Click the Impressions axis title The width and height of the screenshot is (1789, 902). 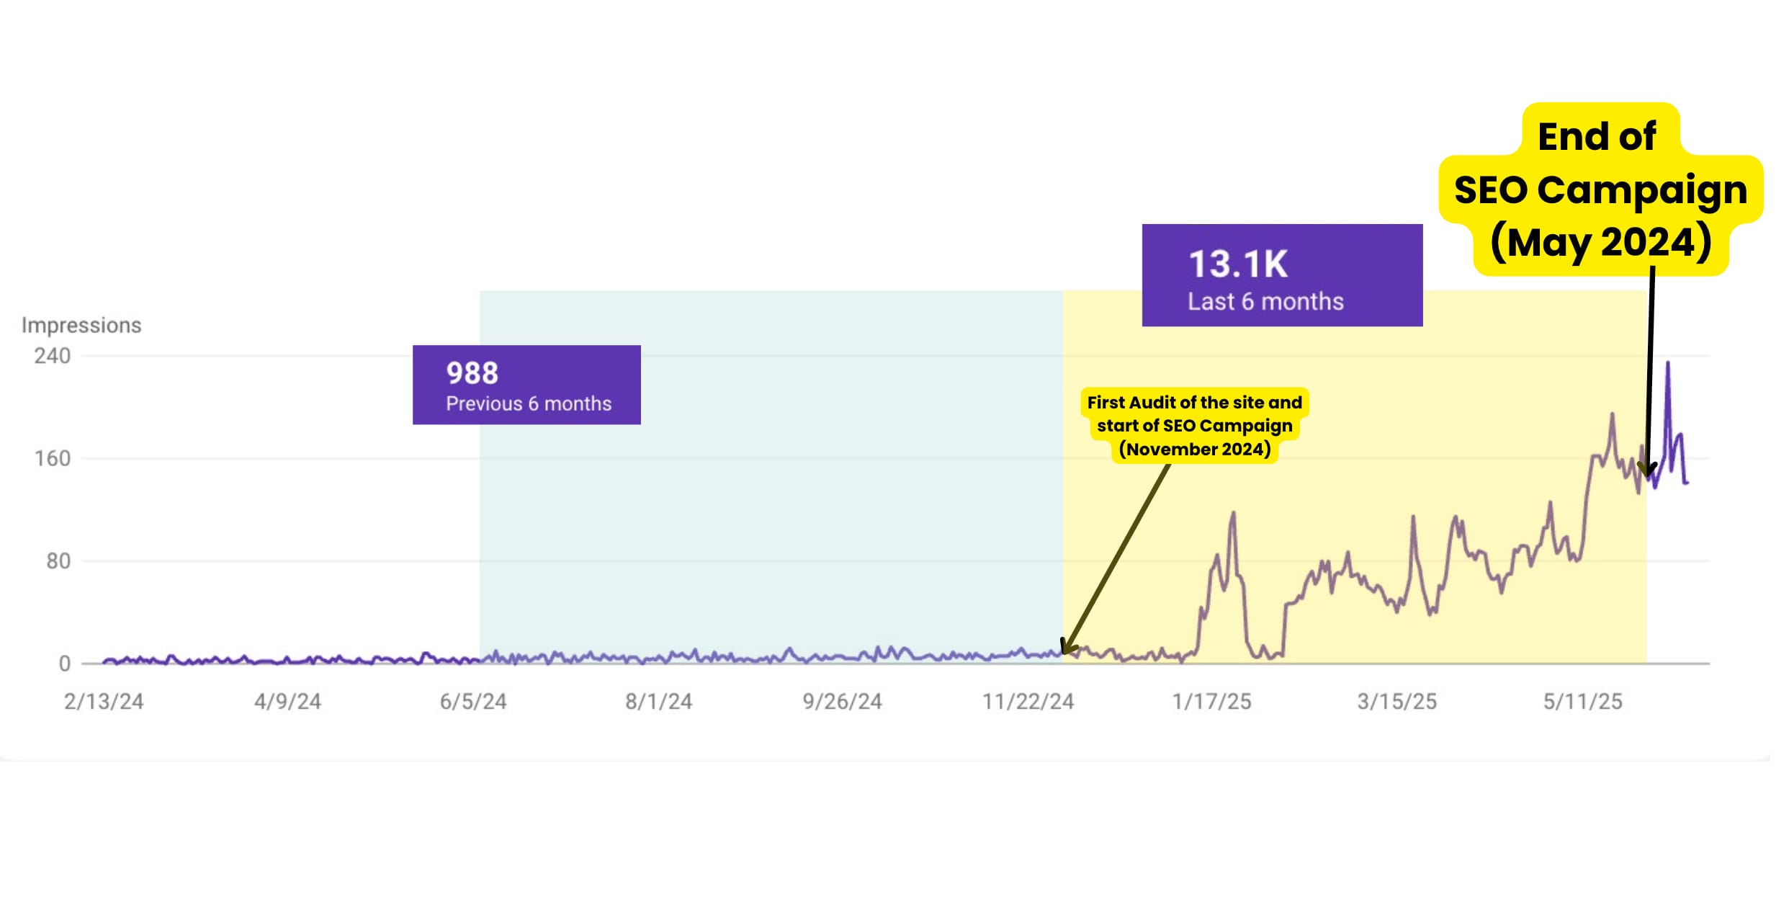[81, 325]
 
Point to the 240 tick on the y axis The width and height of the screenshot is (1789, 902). [53, 356]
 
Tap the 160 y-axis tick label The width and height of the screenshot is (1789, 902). [53, 458]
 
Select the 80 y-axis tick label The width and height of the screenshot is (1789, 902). [58, 561]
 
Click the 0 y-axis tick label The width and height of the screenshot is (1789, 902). [65, 664]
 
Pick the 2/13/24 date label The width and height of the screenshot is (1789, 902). [104, 701]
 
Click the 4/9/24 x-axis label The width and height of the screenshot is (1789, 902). [287, 701]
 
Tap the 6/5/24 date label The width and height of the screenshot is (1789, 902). [473, 701]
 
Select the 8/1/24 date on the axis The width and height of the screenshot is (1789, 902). [658, 701]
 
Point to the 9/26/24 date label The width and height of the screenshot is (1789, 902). [842, 701]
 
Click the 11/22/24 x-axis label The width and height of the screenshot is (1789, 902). [1028, 701]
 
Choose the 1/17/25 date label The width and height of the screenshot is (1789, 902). [1211, 701]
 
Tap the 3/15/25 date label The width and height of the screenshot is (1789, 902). [1396, 701]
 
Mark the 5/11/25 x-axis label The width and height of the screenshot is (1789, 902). [1582, 701]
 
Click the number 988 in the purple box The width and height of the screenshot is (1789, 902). [472, 373]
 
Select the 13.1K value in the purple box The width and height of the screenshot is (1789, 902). [1237, 264]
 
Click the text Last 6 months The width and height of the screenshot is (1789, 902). [1265, 301]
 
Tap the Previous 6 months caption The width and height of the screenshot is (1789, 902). [529, 403]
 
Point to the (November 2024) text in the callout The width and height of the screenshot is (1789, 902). [1195, 450]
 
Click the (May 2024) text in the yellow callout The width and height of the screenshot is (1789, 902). [1600, 242]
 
